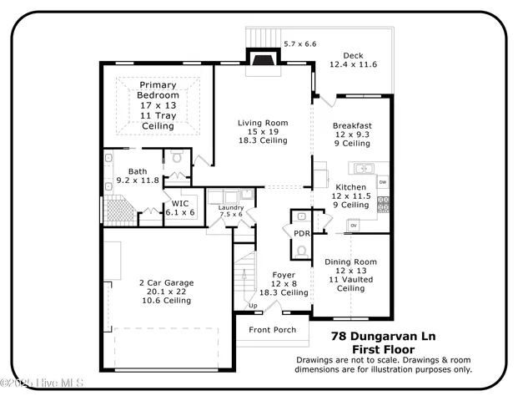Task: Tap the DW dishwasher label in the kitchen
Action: click(x=382, y=181)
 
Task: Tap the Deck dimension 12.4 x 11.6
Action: click(x=354, y=64)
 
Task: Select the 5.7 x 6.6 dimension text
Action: click(x=300, y=43)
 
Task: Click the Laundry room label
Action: click(x=230, y=208)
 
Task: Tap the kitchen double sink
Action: click(x=363, y=167)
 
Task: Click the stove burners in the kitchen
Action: click(x=384, y=203)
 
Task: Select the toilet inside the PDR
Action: click(x=301, y=249)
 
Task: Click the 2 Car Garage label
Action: click(x=166, y=283)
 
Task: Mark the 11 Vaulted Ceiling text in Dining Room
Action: click(x=350, y=284)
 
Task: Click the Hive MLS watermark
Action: click(x=47, y=384)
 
